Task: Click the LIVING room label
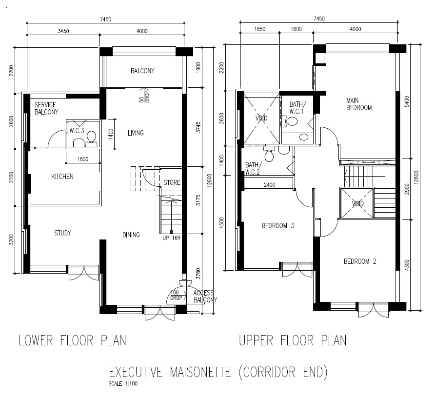pyautogui.click(x=135, y=133)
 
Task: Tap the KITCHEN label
pyautogui.click(x=62, y=176)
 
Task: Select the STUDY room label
pyautogui.click(x=62, y=233)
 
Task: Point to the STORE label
pyautogui.click(x=172, y=182)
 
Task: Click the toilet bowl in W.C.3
pyautogui.click(x=90, y=140)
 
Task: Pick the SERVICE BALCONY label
pyautogui.click(x=46, y=108)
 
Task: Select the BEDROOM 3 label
pyautogui.click(x=277, y=225)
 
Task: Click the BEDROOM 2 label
pyautogui.click(x=360, y=261)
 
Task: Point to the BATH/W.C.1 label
pyautogui.click(x=297, y=107)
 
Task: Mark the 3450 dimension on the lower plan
pyautogui.click(x=63, y=31)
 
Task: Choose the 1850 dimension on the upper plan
pyautogui.click(x=259, y=29)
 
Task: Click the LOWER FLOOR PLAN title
pyautogui.click(x=72, y=340)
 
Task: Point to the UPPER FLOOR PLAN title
pyautogui.click(x=293, y=340)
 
